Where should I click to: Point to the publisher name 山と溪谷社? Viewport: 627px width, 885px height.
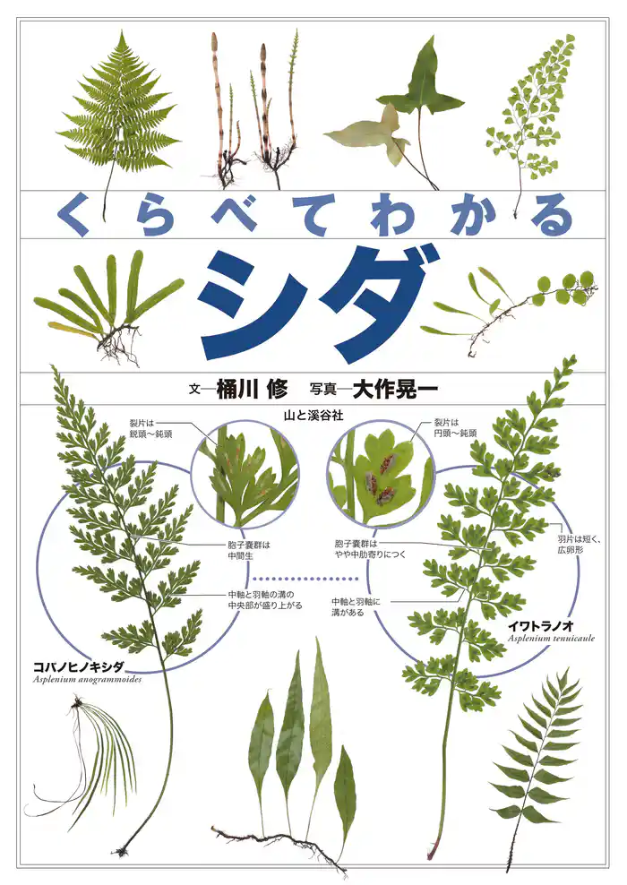pyautogui.click(x=313, y=416)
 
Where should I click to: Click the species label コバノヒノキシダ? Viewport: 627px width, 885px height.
pyautogui.click(x=78, y=666)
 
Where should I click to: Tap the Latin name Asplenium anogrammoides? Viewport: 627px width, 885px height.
pyautogui.click(x=87, y=679)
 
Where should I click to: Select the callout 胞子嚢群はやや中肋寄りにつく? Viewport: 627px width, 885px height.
pyautogui.click(x=370, y=549)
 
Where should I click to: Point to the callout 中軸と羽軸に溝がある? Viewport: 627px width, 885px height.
pyautogui.click(x=356, y=608)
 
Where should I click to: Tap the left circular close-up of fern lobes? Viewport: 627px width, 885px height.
pyautogui.click(x=245, y=474)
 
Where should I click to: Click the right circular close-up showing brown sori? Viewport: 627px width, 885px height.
pyautogui.click(x=381, y=474)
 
